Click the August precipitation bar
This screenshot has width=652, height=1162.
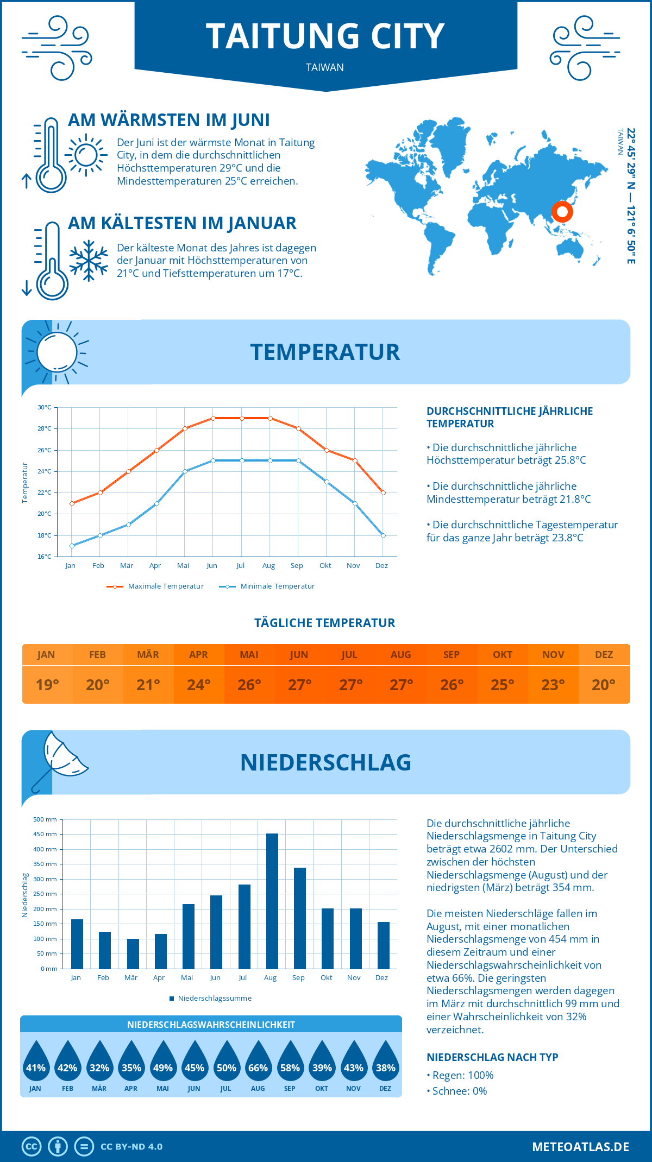tap(272, 901)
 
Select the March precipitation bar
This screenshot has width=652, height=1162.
tap(133, 953)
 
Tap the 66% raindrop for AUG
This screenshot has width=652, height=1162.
tap(258, 1064)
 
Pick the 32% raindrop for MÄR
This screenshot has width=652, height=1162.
tap(99, 1064)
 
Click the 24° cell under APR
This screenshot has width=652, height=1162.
tap(199, 685)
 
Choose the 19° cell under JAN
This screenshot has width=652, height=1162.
tap(47, 685)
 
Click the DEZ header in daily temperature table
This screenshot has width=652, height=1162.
tap(604, 655)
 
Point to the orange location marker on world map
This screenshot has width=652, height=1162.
tap(562, 211)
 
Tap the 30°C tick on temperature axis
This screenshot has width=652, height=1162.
tap(45, 407)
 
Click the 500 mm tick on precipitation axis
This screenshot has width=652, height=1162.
tap(45, 819)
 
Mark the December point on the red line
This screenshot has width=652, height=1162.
tap(383, 492)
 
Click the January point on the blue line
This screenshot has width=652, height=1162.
tap(72, 546)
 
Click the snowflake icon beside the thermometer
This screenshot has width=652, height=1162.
tap(89, 261)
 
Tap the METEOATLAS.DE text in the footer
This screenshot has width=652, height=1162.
tap(580, 1147)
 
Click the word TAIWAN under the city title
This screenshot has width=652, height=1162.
tap(325, 67)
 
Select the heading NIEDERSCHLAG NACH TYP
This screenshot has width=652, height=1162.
tap(492, 1057)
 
